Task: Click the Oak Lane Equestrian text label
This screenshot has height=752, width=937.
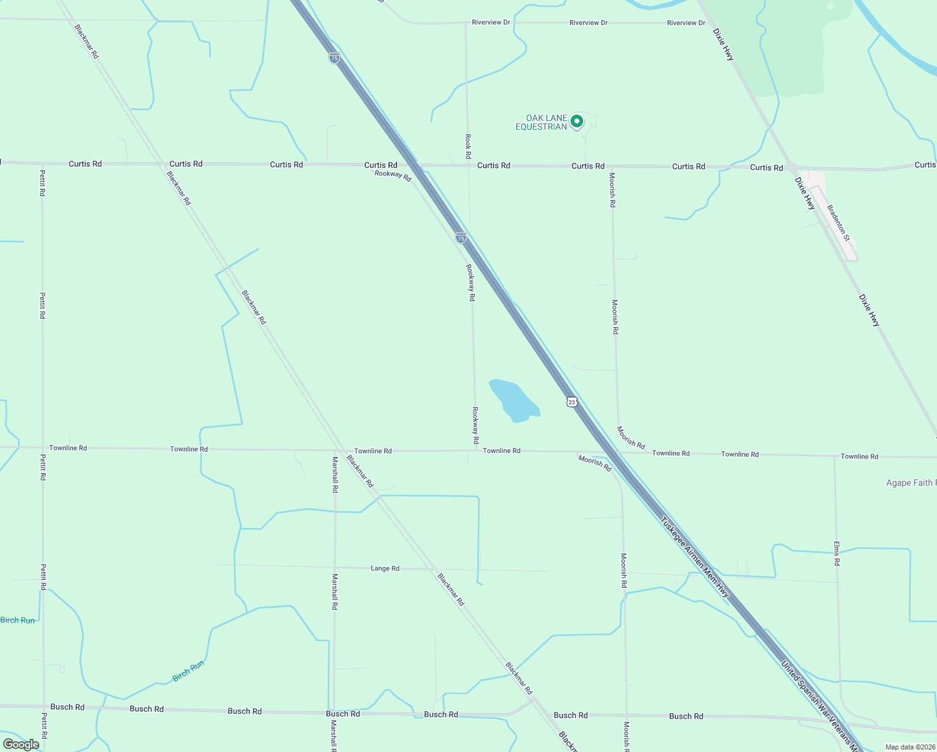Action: pos(541,122)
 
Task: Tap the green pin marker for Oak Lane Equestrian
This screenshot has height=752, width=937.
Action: pos(577,121)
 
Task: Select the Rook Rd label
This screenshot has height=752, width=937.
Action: pos(468,145)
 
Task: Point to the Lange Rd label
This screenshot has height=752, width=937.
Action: pos(385,568)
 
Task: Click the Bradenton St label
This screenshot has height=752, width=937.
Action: pos(838,222)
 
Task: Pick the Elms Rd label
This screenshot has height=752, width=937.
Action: pos(837,553)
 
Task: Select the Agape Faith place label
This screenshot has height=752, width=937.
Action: pos(910,483)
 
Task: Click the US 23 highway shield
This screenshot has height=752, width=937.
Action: pos(571,402)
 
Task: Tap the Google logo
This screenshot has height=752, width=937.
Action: pos(21,744)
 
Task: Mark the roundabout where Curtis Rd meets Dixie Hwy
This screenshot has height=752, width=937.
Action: pos(792,168)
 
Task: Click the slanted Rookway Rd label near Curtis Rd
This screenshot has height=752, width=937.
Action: pos(393,174)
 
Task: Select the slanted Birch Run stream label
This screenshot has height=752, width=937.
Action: pos(188,671)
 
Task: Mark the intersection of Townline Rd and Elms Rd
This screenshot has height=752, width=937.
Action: pos(834,456)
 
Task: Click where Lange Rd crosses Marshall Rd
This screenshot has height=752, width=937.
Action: pos(335,567)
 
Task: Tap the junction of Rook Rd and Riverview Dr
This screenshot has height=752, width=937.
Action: pos(465,23)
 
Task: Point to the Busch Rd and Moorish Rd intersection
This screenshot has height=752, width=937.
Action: pos(626,715)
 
